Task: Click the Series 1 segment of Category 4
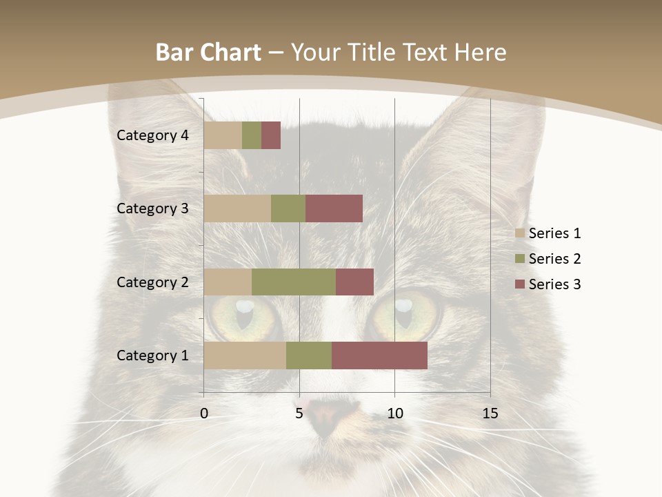tap(223, 135)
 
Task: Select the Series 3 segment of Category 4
tap(271, 135)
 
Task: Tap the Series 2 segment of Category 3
tap(288, 208)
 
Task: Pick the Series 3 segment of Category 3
tap(334, 208)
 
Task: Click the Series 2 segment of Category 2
tap(294, 282)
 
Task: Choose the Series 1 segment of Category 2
tap(228, 282)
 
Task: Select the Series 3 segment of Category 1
tap(379, 355)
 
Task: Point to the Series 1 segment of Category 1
tap(245, 355)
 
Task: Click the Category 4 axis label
tap(152, 135)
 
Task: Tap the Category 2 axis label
tap(152, 282)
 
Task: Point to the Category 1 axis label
tap(152, 355)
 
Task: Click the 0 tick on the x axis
tap(204, 413)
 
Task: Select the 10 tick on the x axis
tap(394, 413)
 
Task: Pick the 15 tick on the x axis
tap(490, 413)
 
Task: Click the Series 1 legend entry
tap(548, 233)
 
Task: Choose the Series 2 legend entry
tap(548, 259)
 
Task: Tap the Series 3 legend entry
tap(548, 284)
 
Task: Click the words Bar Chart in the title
tap(208, 52)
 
